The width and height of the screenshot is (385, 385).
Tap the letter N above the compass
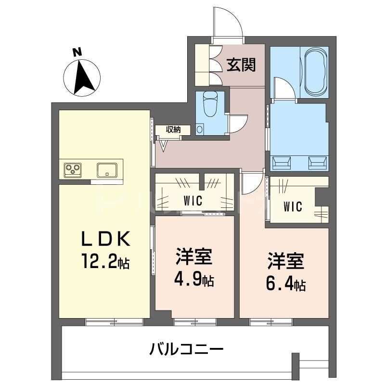pyautogui.click(x=76, y=52)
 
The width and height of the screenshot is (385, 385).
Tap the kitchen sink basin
pyautogui.click(x=107, y=169)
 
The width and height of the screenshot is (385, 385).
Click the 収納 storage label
pyautogui.click(x=174, y=129)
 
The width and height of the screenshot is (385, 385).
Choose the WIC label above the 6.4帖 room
pyautogui.click(x=292, y=207)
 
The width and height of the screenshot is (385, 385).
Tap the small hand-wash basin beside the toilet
pyautogui.click(x=200, y=129)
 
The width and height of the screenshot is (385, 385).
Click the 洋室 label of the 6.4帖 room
pyautogui.click(x=286, y=263)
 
